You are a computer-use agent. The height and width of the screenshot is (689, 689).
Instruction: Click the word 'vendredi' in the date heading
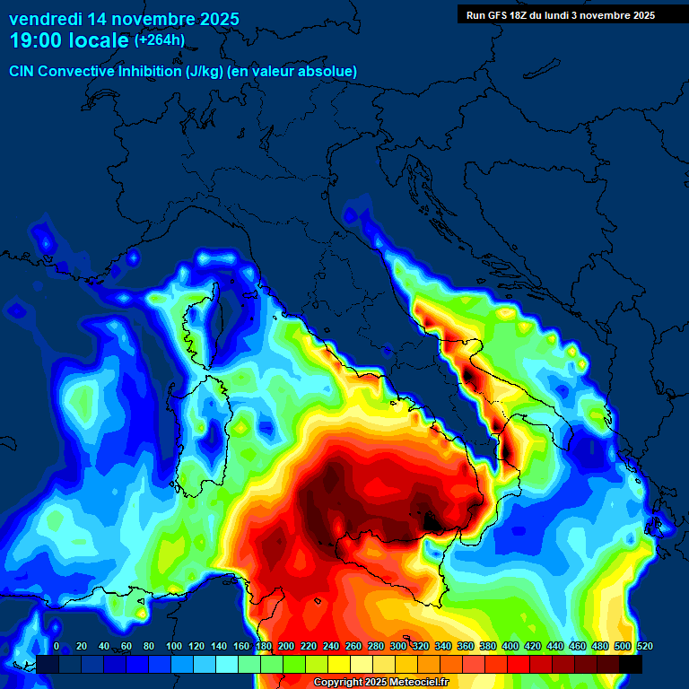[45, 18]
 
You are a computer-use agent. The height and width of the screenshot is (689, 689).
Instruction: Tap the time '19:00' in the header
[37, 40]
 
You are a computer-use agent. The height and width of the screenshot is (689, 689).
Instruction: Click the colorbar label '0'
[57, 647]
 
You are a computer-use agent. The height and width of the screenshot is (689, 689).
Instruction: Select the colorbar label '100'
[173, 647]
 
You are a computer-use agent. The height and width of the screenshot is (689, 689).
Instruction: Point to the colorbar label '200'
[286, 647]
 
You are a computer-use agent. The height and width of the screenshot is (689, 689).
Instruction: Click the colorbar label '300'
[398, 647]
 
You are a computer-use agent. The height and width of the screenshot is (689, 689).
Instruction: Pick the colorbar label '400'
[510, 647]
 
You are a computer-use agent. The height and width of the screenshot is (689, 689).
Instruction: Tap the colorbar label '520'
[644, 647]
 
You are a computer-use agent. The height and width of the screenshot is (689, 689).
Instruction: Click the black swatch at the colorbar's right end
[631, 664]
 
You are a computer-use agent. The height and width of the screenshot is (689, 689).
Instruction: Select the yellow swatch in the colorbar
[338, 664]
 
